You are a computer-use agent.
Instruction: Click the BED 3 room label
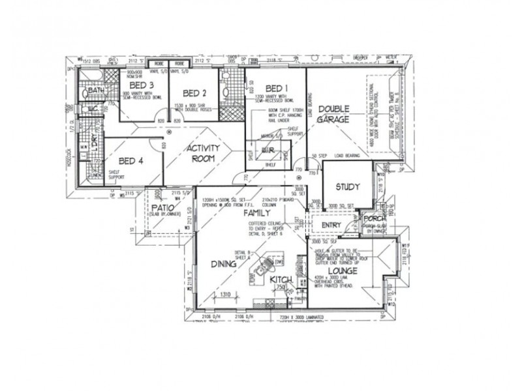pyautogui.click(x=142, y=85)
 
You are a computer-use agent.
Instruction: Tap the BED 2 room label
pyautogui.click(x=194, y=93)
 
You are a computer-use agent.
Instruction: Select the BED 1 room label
pyautogui.click(x=275, y=88)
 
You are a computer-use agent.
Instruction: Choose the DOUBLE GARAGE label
pyautogui.click(x=333, y=114)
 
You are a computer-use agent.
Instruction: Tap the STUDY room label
pyautogui.click(x=348, y=187)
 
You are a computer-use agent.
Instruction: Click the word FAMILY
pyautogui.click(x=256, y=213)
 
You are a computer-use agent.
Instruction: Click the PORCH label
pyautogui.click(x=376, y=219)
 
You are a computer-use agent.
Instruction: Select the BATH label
pyautogui.click(x=96, y=91)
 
